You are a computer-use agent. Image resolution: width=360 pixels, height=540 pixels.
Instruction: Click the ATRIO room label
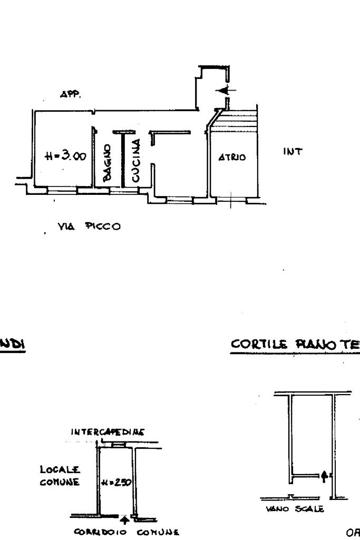point(231,158)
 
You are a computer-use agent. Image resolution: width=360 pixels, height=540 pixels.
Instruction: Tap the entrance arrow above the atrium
point(223,91)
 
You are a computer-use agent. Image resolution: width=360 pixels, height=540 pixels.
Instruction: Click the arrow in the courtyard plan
point(324,474)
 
